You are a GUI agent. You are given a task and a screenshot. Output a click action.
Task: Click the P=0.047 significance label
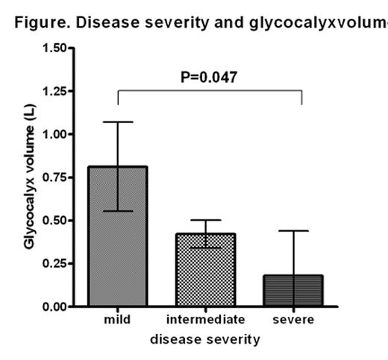210,77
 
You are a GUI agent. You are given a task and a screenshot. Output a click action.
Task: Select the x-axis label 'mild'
117,320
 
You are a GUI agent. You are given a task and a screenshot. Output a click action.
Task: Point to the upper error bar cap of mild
117,121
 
